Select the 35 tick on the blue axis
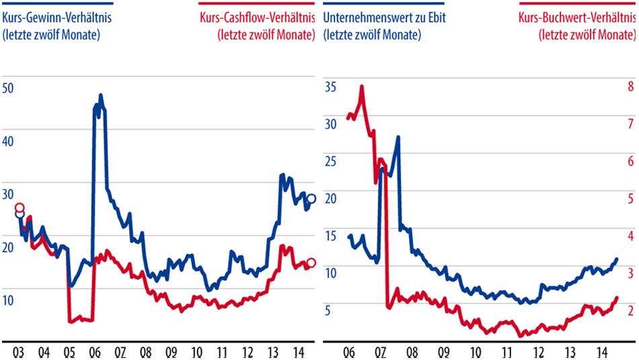(330, 87)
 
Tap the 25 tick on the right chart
(330, 161)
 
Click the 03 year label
(18, 352)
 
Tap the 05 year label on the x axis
(69, 352)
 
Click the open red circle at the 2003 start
(20, 208)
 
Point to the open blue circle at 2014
(311, 199)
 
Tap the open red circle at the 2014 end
(311, 263)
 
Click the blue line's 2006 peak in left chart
(100, 96)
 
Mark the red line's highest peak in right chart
(362, 86)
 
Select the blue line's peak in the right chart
(398, 137)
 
